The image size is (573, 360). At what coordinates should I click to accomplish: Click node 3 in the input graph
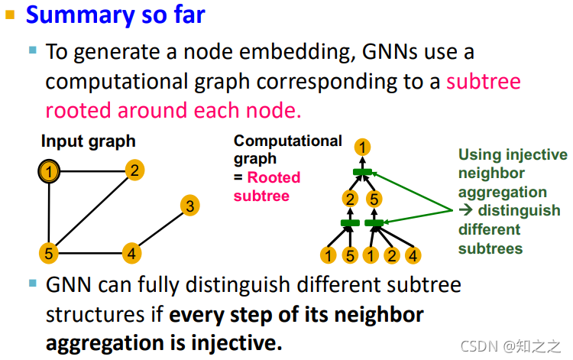tap(191, 206)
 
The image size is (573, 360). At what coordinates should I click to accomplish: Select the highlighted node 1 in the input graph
tap(50, 172)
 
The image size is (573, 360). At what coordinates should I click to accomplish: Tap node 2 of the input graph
tap(134, 170)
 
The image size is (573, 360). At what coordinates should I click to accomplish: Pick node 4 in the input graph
tap(132, 253)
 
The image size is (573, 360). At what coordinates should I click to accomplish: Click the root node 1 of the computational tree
tap(364, 147)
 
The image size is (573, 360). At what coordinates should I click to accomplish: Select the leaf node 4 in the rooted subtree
tap(413, 255)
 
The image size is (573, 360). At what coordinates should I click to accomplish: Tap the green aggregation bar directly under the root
tap(363, 172)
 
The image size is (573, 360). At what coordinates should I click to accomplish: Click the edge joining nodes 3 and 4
tap(162, 229)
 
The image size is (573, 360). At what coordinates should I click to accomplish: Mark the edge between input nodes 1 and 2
tap(92, 171)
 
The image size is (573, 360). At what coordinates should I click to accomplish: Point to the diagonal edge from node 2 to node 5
tap(92, 212)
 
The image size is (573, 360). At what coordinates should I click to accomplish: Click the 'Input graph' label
tap(88, 141)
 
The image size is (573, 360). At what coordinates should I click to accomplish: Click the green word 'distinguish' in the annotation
tap(519, 211)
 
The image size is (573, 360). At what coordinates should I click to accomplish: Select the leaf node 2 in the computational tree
tap(393, 255)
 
